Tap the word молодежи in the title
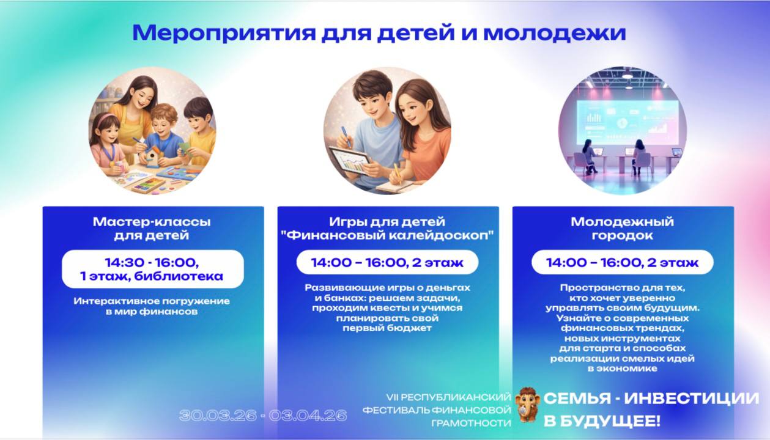(554, 33)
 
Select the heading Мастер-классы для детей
(152, 228)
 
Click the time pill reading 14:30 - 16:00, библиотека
(152, 269)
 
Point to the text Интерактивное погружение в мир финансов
(152, 306)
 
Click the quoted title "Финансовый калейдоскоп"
(387, 235)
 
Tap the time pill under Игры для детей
(387, 263)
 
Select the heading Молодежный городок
(622, 228)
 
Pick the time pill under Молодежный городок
(622, 263)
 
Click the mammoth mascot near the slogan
(527, 404)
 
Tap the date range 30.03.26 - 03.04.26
(263, 416)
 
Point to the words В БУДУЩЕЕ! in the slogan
(602, 421)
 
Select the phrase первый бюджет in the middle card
(387, 328)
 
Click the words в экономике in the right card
(622, 369)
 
